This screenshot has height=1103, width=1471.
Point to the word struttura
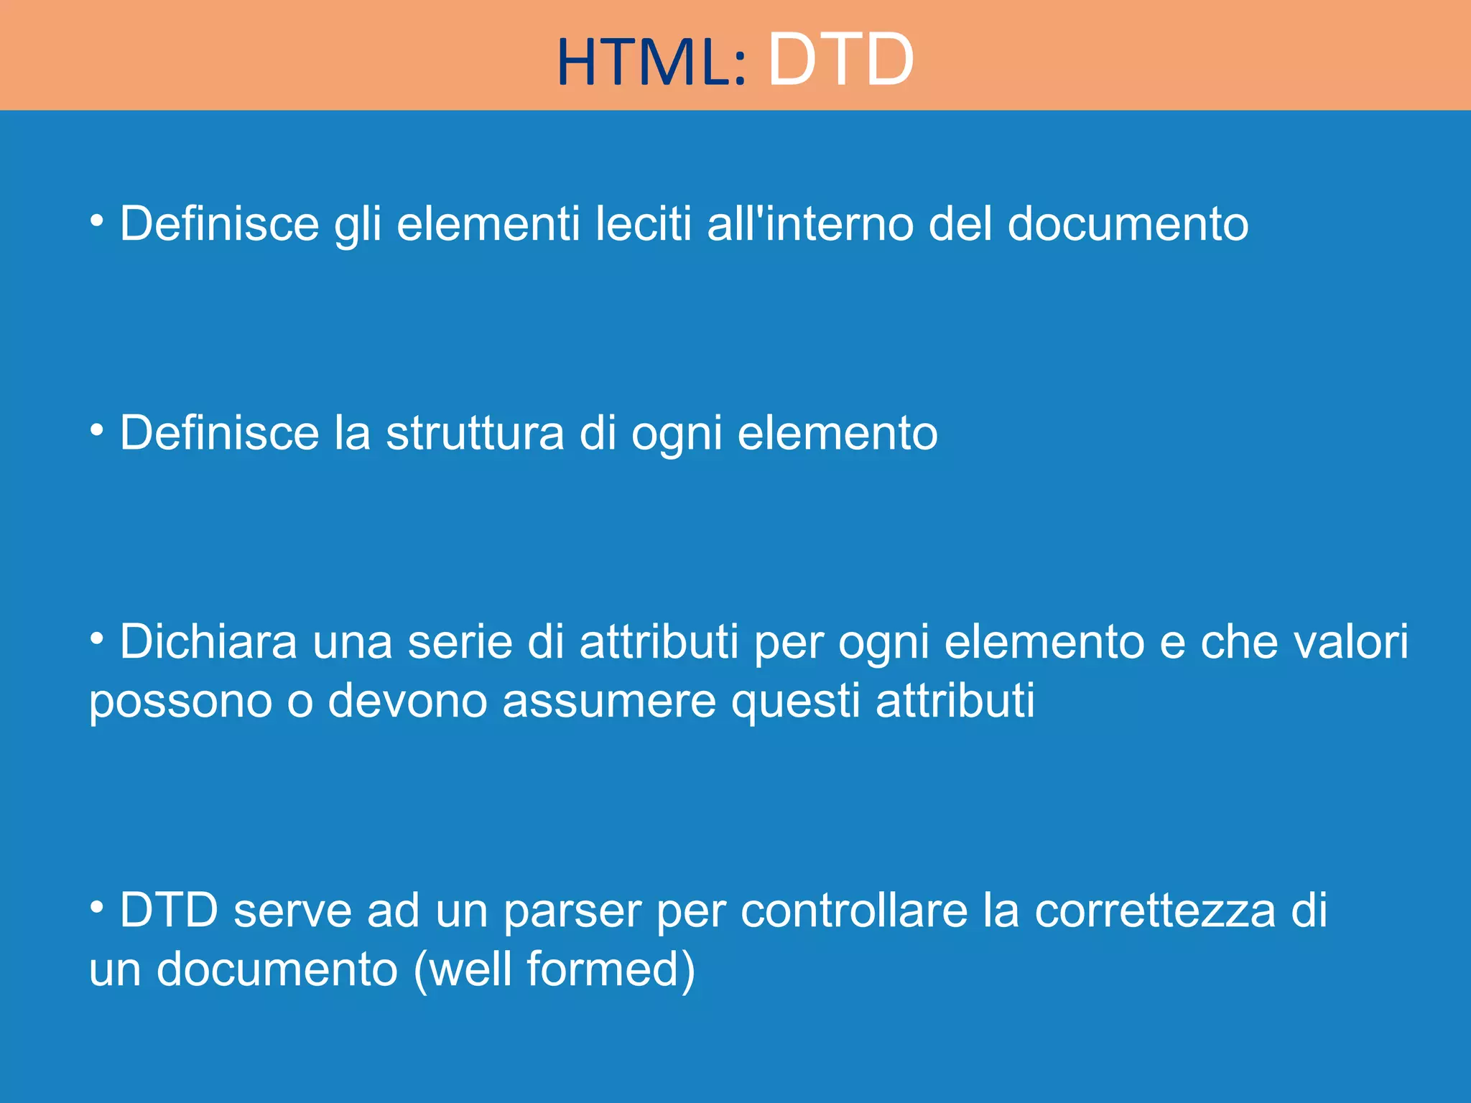pyautogui.click(x=475, y=433)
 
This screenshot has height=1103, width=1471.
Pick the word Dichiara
pyautogui.click(x=208, y=642)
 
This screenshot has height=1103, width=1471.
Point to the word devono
pyautogui.click(x=407, y=701)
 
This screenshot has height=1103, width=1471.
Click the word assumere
pyautogui.click(x=609, y=701)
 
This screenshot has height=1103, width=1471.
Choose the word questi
pyautogui.click(x=795, y=701)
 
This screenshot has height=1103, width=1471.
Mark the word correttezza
pyautogui.click(x=1155, y=911)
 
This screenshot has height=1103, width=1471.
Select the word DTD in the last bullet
pyautogui.click(x=169, y=911)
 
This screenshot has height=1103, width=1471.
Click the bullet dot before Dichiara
pyautogui.click(x=97, y=637)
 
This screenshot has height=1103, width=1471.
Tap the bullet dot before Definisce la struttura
pyautogui.click(x=97, y=429)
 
